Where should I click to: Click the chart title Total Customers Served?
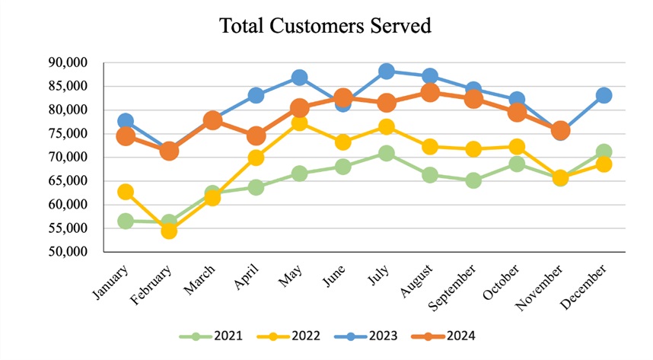(x=326, y=26)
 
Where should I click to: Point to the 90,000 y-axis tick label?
(x=68, y=62)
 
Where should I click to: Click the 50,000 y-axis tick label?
(x=68, y=252)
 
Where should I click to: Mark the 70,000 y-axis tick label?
(x=68, y=158)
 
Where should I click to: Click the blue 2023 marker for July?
(x=387, y=72)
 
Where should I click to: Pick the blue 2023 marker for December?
(x=604, y=95)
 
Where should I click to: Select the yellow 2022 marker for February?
(x=169, y=230)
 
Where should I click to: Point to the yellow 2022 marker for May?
(x=300, y=123)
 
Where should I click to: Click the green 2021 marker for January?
(x=126, y=221)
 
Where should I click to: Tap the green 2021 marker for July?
(x=387, y=153)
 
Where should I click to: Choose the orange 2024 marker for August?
(x=430, y=92)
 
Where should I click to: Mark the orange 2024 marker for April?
(x=256, y=136)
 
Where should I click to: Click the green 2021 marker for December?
(x=604, y=151)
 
